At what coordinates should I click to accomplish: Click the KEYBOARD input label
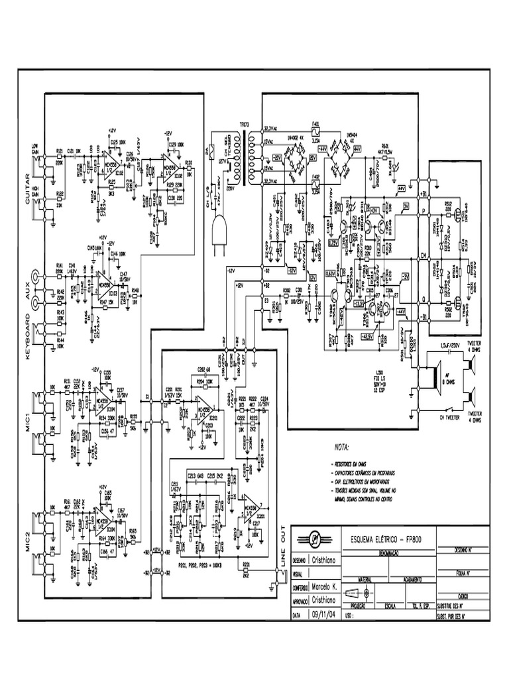(x=28, y=335)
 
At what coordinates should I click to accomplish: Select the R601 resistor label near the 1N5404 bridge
(x=385, y=145)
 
